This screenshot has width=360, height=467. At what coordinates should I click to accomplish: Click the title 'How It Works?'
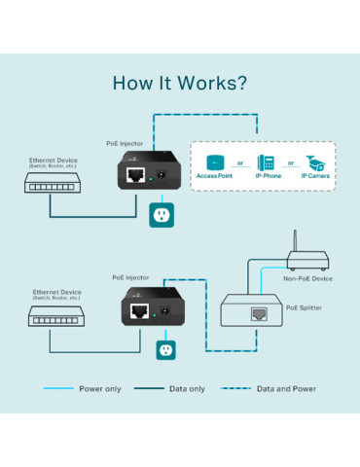click(x=180, y=82)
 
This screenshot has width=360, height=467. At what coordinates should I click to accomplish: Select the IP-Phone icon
click(x=265, y=162)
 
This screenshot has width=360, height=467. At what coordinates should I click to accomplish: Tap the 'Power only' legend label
click(x=100, y=389)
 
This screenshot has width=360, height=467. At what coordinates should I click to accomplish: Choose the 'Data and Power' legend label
click(x=286, y=389)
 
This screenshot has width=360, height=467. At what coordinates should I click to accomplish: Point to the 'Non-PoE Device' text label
click(x=306, y=278)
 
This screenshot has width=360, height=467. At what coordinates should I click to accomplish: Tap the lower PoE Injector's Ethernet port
click(x=141, y=312)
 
